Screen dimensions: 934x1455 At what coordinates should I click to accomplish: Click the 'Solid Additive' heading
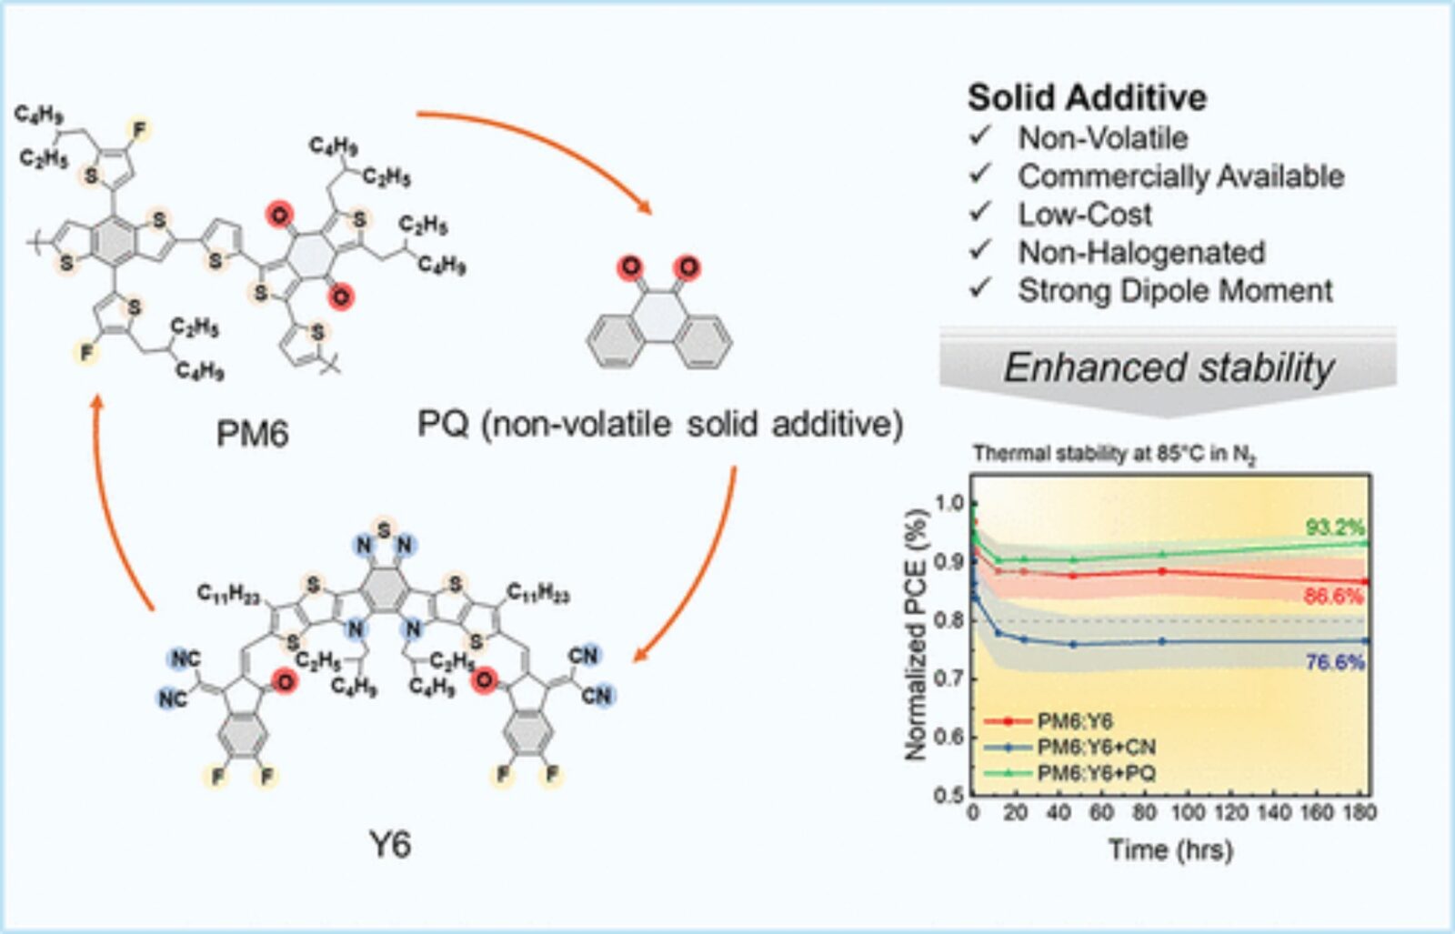(x=1087, y=97)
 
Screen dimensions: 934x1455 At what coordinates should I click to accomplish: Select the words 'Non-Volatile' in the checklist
(x=1102, y=138)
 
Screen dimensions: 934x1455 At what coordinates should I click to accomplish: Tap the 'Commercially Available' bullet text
(x=1180, y=176)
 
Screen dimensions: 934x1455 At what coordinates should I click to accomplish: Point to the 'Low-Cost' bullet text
(x=1084, y=215)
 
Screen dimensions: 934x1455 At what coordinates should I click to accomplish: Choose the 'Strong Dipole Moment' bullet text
(x=1175, y=291)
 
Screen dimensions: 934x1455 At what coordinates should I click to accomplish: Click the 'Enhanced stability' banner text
(x=1169, y=368)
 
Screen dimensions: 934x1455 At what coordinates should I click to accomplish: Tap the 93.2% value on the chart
(x=1335, y=527)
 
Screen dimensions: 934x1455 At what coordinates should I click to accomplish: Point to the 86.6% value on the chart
(x=1333, y=597)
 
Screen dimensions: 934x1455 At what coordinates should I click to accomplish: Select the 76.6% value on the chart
(x=1335, y=662)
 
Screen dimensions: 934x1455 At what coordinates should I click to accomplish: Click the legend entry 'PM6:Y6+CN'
(x=1096, y=748)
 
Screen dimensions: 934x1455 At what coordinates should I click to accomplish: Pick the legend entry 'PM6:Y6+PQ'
(x=1096, y=774)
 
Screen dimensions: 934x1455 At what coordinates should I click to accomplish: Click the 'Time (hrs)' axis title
(x=1170, y=850)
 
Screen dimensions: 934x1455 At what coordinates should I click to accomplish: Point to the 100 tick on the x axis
(x=1186, y=812)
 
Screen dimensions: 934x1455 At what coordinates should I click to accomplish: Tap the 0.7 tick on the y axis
(x=948, y=678)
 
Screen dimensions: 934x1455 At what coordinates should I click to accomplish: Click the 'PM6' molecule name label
(x=252, y=434)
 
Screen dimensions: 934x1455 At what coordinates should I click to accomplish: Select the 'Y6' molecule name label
(x=389, y=845)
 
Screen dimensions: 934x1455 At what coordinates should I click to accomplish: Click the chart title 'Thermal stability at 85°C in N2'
(x=1113, y=454)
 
